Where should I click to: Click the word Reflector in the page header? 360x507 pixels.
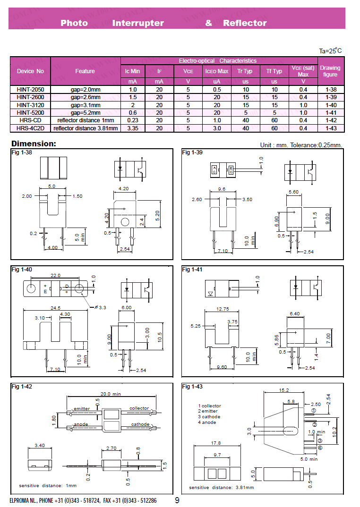click(245, 23)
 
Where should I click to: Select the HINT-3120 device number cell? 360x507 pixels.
click(30, 105)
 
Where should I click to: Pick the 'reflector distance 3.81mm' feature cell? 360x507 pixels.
click(86, 128)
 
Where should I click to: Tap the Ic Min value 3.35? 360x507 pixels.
click(133, 128)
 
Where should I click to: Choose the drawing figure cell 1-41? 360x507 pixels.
click(331, 113)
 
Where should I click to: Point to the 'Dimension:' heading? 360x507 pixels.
click(34, 144)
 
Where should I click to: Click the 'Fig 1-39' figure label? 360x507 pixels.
click(192, 152)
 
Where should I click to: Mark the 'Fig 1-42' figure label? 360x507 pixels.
click(22, 387)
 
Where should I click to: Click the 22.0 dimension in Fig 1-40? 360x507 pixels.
click(55, 276)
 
